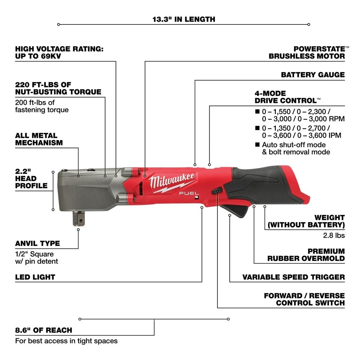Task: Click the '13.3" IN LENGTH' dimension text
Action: click(x=184, y=19)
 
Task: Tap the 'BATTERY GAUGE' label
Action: click(x=312, y=75)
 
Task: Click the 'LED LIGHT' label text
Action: click(x=35, y=277)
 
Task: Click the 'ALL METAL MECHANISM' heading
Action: click(x=39, y=139)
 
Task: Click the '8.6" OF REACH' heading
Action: click(x=44, y=330)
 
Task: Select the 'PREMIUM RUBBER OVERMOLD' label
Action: click(x=306, y=255)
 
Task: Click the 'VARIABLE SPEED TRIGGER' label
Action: click(x=293, y=277)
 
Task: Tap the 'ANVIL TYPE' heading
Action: click(x=37, y=243)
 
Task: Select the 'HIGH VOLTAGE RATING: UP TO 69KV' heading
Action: click(x=59, y=53)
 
